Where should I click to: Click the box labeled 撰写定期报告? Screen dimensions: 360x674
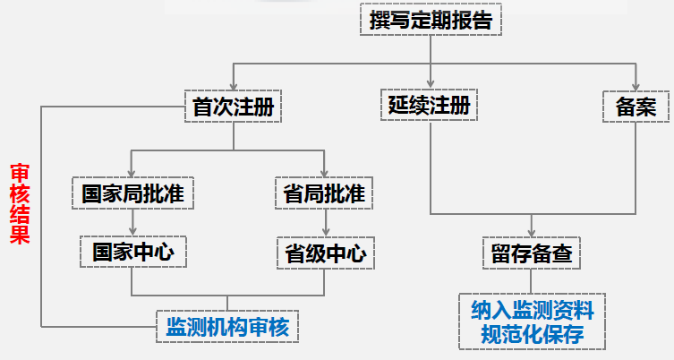click(430, 21)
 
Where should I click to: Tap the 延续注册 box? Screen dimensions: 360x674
click(430, 107)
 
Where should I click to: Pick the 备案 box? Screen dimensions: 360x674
click(636, 107)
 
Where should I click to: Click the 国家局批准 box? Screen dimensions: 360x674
click(132, 193)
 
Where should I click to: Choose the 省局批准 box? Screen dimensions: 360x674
click(323, 193)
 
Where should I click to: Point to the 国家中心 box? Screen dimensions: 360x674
click(132, 253)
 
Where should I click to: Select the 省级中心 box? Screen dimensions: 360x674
click(323, 253)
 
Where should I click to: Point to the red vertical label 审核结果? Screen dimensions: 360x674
click(19, 203)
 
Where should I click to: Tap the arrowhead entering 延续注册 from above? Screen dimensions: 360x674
click(430, 84)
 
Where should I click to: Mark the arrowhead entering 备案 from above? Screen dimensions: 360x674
click(636, 84)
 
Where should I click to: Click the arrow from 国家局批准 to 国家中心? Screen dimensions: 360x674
click(132, 224)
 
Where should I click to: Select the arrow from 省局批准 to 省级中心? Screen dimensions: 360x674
click(323, 224)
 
